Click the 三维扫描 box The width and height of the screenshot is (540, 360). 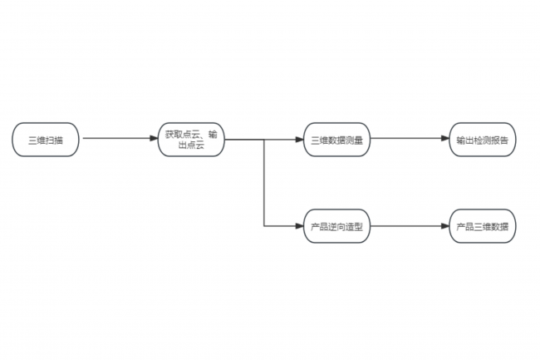(46, 140)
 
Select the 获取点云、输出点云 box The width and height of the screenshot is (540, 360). (191, 140)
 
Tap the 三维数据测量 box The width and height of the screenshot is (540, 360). (336, 140)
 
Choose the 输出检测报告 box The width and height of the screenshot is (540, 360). (483, 140)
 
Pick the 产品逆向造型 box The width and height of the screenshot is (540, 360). (336, 226)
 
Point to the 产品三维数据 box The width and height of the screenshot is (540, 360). (483, 226)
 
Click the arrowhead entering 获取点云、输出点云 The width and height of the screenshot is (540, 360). (154, 139)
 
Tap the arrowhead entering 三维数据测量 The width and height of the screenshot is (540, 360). (300, 140)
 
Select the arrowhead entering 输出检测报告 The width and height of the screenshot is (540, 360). (445, 139)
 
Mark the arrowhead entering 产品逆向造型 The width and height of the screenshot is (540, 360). (300, 226)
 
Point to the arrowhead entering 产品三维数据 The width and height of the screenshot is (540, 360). (445, 226)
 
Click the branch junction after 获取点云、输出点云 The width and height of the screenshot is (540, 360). (264, 140)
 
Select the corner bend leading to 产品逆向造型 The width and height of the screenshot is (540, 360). (264, 226)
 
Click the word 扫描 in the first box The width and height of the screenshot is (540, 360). (54, 141)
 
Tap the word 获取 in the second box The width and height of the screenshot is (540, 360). (174, 135)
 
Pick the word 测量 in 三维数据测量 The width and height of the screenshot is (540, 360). (355, 141)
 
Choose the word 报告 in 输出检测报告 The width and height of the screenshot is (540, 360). (499, 141)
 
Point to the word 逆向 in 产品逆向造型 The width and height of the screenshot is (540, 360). (336, 227)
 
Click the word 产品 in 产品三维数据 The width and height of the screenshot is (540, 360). (465, 227)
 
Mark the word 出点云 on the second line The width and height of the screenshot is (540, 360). (191, 145)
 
